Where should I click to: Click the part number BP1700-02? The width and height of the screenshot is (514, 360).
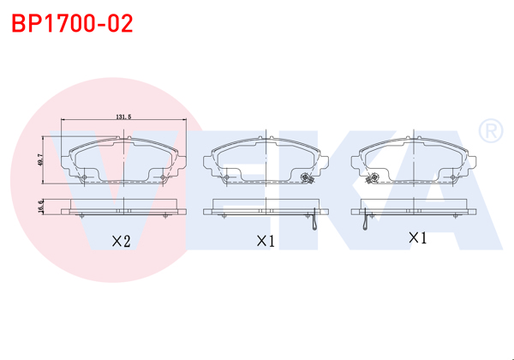click(72, 23)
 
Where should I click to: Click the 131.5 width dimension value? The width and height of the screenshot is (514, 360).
click(123, 118)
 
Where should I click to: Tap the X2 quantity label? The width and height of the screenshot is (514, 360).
click(121, 242)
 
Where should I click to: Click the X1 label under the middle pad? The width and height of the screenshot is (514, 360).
click(265, 242)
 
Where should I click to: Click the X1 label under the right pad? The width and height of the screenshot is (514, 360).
click(417, 237)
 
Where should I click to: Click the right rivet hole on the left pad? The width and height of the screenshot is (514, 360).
click(164, 177)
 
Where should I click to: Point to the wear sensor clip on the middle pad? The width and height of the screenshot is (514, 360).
click(306, 178)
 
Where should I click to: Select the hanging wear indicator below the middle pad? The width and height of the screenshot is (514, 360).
click(315, 222)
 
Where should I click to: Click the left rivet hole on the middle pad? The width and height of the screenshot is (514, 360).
click(229, 177)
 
